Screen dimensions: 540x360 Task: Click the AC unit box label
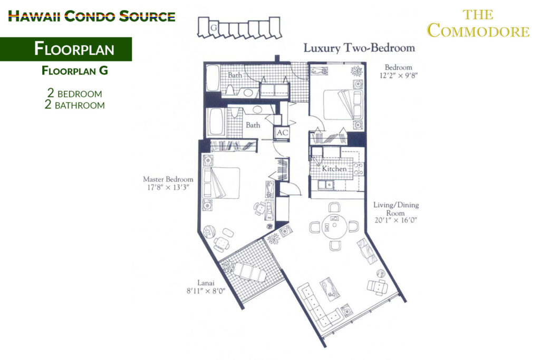[x=282, y=133]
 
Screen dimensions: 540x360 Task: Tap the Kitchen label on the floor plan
[x=334, y=169]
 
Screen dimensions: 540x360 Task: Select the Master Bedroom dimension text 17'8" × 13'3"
[x=168, y=188]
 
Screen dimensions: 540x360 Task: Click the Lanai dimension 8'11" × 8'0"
[x=206, y=291]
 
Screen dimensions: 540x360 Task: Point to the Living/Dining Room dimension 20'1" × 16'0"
[x=396, y=220]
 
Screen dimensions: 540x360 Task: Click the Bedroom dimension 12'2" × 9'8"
[x=399, y=76]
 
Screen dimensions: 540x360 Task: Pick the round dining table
[x=334, y=226]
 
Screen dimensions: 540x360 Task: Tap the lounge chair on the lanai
[x=249, y=272]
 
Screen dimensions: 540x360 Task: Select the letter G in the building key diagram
[x=214, y=27]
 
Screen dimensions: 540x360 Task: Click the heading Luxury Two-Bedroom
[x=359, y=48]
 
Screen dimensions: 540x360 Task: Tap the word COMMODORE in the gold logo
[x=478, y=31]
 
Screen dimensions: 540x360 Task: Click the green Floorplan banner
[x=66, y=49]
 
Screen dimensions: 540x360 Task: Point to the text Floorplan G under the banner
[x=75, y=71]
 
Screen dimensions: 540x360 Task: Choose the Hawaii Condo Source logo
[x=92, y=16]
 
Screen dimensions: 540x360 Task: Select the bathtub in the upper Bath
[x=213, y=78]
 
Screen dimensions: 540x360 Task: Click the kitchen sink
[x=325, y=185]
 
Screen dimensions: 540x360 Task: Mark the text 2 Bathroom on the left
[x=75, y=104]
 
